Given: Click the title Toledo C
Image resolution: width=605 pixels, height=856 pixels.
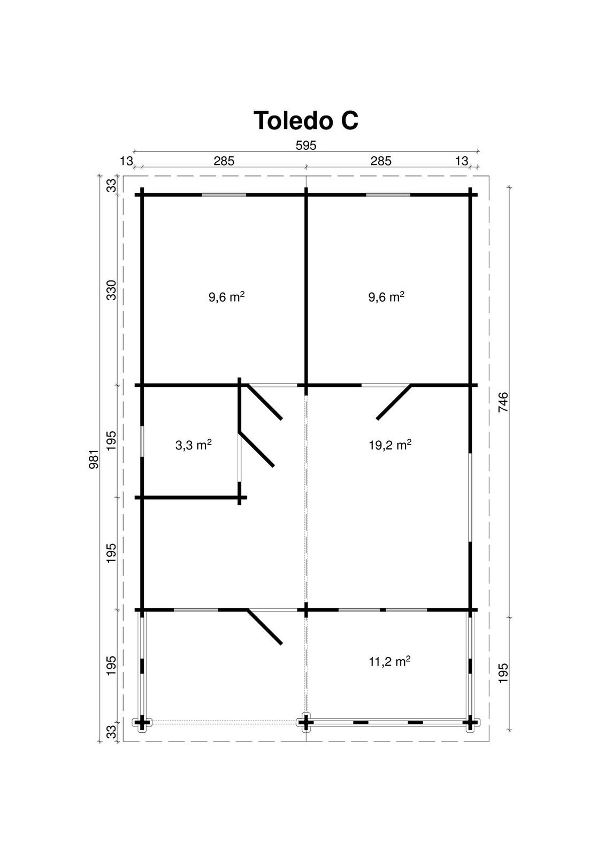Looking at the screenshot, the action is coord(306,120).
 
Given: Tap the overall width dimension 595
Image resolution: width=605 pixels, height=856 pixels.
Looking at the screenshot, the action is coord(306,146).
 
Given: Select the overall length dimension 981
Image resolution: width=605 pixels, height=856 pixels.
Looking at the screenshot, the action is coord(94,459).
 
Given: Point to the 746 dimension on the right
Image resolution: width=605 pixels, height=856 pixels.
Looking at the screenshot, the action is coord(503,402).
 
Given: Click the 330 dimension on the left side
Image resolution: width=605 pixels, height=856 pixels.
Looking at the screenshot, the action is coord(111,290).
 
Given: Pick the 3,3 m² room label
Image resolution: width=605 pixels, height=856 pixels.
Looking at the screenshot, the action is coord(194,445).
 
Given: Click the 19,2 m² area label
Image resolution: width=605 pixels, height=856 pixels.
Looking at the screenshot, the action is coord(390,445).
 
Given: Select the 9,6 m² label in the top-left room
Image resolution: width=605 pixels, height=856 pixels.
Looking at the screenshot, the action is coord(227,296).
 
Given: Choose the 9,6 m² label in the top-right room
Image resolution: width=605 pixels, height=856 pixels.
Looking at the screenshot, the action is coord(386,296).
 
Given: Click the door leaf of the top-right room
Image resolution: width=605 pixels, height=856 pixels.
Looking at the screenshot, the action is coord(394,402).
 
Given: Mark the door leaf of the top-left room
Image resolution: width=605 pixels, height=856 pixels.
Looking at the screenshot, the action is coord(264,402).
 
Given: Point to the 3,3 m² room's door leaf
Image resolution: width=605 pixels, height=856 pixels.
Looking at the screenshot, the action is coord(256,449).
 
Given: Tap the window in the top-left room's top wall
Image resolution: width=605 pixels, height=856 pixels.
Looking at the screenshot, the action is coord(224,195).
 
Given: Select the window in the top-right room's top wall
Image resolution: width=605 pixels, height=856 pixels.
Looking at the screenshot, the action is coord(388,195).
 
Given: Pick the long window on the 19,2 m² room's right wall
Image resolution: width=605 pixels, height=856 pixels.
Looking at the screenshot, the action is coord(470,497).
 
